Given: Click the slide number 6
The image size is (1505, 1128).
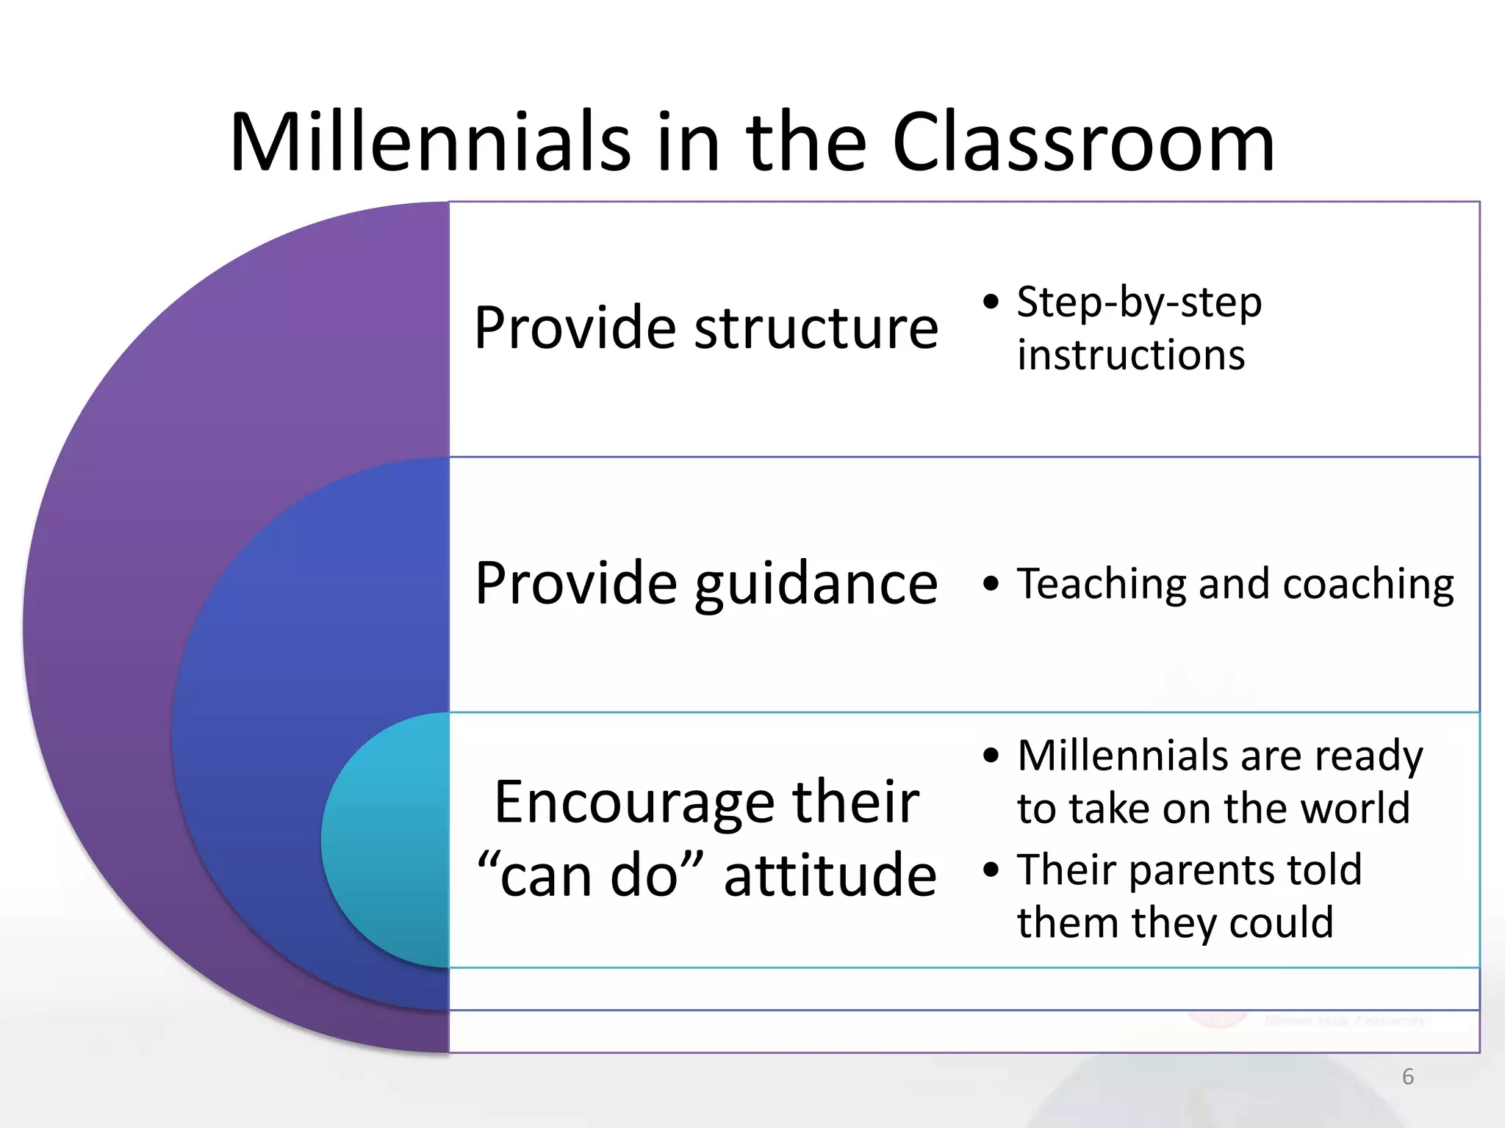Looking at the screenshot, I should coord(1407,1077).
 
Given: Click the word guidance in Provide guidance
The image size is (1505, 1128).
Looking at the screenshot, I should coord(816,585).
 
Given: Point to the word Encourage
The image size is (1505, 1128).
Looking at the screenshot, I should coord(633,801).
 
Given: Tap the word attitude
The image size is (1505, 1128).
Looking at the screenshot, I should coord(830,875).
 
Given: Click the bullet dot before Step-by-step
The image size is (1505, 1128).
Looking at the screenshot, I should coord(991,303).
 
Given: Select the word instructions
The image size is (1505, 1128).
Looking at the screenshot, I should coord(1131,355).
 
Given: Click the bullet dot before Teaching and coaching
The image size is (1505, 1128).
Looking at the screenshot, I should coord(991,585).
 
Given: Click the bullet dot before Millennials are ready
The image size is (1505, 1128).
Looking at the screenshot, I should coord(991,756).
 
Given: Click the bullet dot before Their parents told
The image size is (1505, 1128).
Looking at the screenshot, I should coord(991,870).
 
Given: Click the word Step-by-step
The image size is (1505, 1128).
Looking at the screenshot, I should coord(1139,303).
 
